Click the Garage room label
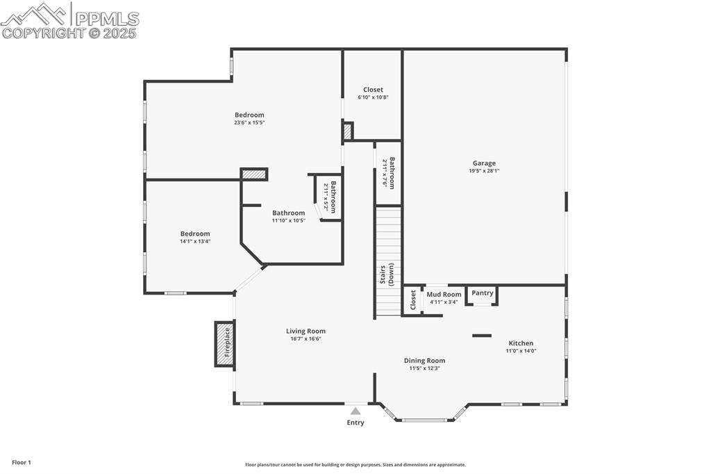(x=484, y=163)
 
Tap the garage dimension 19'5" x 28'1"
(x=484, y=171)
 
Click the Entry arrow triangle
(x=355, y=411)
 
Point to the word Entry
(x=355, y=423)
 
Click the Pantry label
(x=483, y=293)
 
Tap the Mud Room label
(x=444, y=295)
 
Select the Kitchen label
(x=521, y=343)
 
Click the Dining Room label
(x=424, y=361)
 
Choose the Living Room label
(x=306, y=332)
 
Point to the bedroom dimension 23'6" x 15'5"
(x=249, y=122)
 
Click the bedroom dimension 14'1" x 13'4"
(x=195, y=242)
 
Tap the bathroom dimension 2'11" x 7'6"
(x=385, y=173)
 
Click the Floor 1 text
(x=22, y=462)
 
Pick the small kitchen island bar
(x=482, y=336)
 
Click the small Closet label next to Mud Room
(x=413, y=300)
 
